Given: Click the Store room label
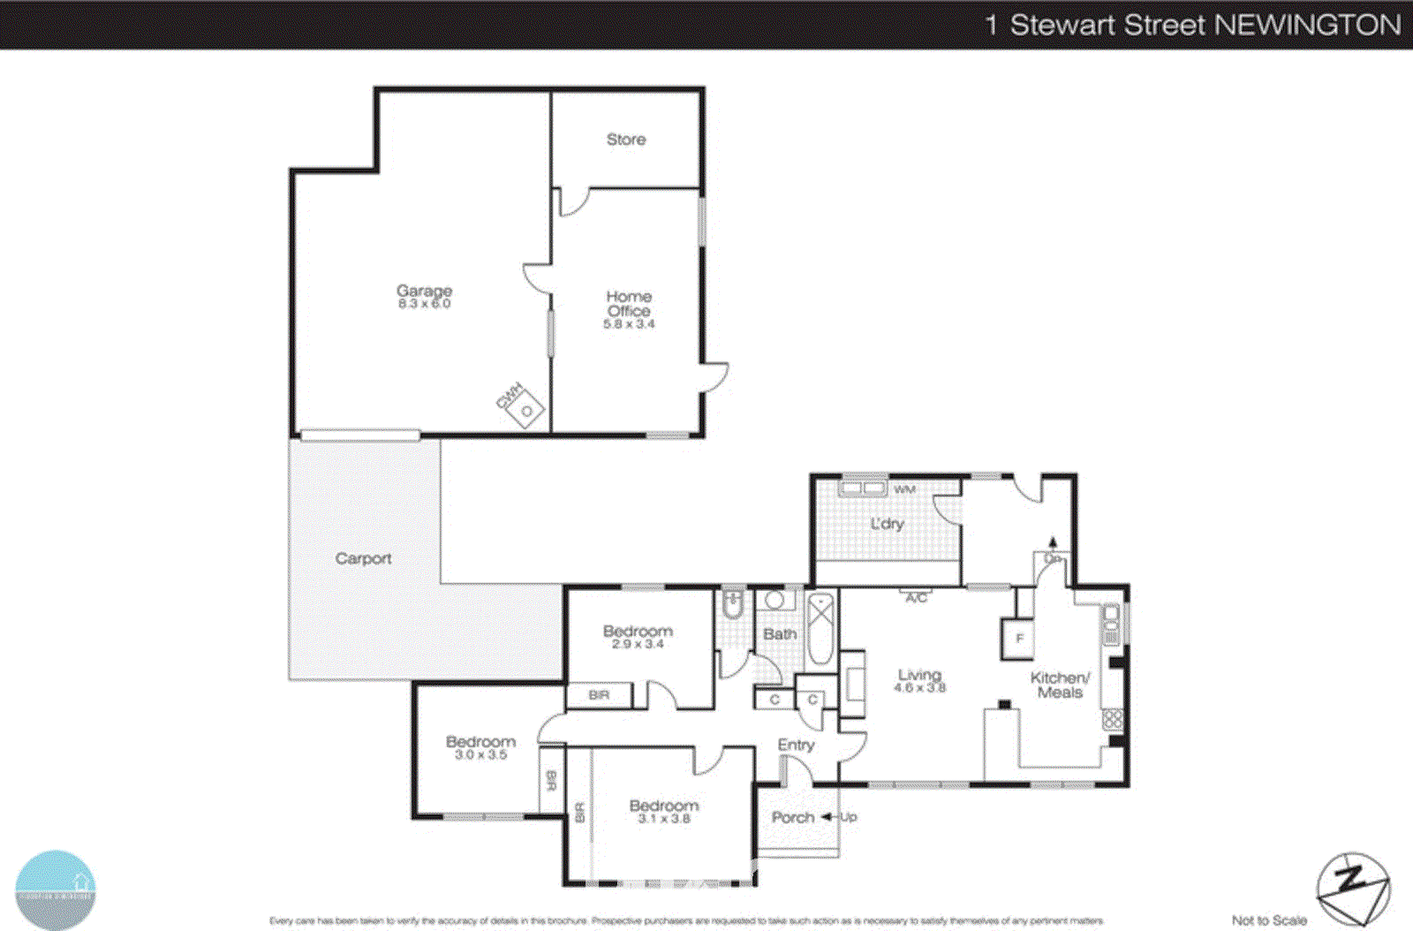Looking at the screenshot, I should pos(625,140).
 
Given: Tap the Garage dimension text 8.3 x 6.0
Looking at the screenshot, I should pos(424,304).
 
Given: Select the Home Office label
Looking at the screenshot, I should pos(629,303).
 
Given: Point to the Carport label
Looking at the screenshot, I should pos(363,558).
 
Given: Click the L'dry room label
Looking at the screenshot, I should pos(887,524).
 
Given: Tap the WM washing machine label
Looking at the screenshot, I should pos(904,489).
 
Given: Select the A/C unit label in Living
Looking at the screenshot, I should pos(917,598).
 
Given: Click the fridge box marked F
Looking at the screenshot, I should pos(1018,639).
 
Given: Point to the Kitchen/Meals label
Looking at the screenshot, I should pos(1060,685).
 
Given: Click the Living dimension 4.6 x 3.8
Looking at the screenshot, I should pos(919,687).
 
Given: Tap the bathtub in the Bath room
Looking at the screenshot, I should pos(820,629).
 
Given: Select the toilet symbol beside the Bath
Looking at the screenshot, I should pos(732,605).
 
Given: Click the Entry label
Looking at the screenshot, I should pos(796,745).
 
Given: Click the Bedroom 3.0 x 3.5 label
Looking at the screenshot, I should pos(480,747).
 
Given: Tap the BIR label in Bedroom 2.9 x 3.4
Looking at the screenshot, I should pos(599,695).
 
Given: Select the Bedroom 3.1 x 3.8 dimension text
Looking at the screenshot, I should pos(664,819).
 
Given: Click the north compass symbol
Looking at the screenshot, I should pos(1352,888).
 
